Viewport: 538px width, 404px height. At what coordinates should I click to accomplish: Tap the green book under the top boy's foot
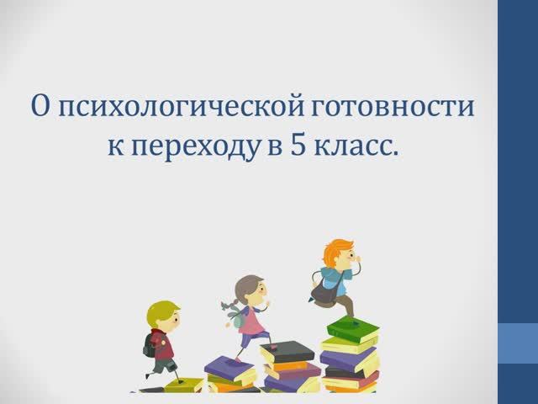tap(352, 328)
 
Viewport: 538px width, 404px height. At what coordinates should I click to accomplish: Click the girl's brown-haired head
tap(250, 290)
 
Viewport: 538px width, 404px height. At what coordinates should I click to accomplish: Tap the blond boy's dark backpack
tap(150, 343)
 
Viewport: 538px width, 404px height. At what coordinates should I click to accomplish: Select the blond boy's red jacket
tap(164, 344)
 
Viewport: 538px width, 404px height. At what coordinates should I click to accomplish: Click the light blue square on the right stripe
tap(518, 343)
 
